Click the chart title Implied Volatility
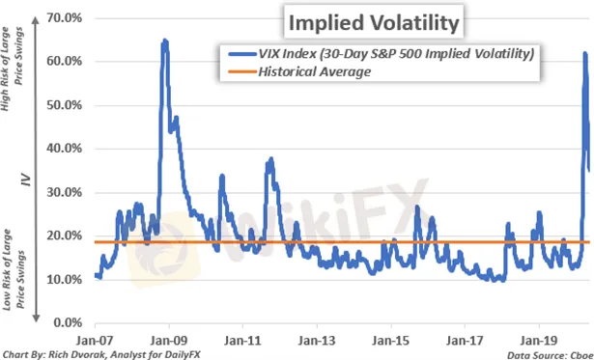pyautogui.click(x=374, y=22)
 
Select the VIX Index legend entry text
pyautogui.click(x=396, y=53)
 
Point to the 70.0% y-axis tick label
pyautogui.click(x=64, y=17)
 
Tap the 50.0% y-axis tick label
pyautogui.click(x=64, y=105)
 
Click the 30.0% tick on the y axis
pyautogui.click(x=64, y=192)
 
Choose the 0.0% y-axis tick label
pyautogui.click(x=68, y=323)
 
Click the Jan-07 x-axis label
pyautogui.click(x=95, y=341)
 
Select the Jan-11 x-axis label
pyautogui.click(x=242, y=341)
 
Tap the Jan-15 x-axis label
pyautogui.click(x=390, y=341)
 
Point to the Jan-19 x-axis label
pyautogui.click(x=539, y=341)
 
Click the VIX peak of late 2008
pyautogui.click(x=165, y=41)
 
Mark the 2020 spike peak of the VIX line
pyautogui.click(x=585, y=54)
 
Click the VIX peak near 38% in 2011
pyautogui.click(x=270, y=158)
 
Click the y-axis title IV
pyautogui.click(x=26, y=180)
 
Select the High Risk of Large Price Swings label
pyautogui.click(x=12, y=69)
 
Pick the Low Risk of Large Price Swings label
pyautogui.click(x=14, y=269)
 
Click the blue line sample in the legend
pyautogui.click(x=242, y=54)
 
